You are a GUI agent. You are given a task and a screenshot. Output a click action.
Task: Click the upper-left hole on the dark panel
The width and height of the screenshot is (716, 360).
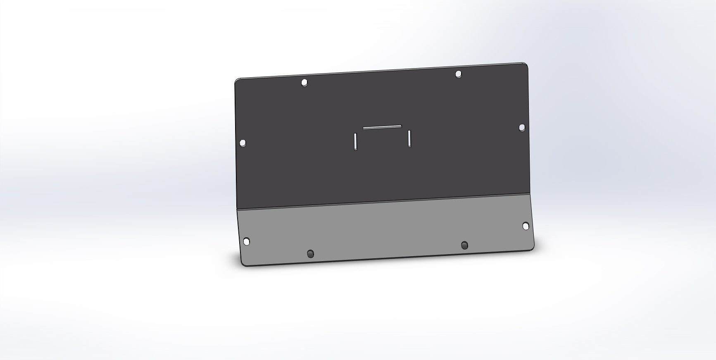[x=304, y=83]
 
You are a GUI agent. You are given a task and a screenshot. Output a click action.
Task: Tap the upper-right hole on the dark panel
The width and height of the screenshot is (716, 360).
[x=458, y=74]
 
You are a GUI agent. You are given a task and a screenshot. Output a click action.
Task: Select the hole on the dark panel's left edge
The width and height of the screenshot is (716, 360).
[x=243, y=143]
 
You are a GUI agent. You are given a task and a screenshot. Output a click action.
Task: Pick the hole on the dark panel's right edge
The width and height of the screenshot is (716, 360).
[x=522, y=127]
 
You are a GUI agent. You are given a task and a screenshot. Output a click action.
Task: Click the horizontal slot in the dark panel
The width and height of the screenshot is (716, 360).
[x=382, y=127]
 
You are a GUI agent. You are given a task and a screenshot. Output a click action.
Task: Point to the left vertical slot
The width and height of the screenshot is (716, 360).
[x=355, y=141]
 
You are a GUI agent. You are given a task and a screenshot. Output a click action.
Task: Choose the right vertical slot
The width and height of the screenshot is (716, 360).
[x=409, y=138]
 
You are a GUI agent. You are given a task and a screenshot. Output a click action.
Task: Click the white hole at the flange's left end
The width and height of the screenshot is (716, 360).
[x=246, y=241]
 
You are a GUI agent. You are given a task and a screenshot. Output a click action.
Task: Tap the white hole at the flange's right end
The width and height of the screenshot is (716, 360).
[x=526, y=226]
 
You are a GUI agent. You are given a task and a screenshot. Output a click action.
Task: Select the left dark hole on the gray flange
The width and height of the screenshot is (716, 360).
[x=311, y=253]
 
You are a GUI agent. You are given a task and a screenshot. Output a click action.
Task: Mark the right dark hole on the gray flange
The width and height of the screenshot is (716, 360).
[x=465, y=245]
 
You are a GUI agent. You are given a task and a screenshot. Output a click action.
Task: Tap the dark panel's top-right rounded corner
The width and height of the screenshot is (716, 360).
[x=526, y=65]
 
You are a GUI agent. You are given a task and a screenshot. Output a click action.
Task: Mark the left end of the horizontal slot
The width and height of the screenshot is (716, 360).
[x=364, y=128]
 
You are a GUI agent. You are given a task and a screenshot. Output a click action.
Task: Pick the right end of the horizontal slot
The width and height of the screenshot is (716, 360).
[x=400, y=126]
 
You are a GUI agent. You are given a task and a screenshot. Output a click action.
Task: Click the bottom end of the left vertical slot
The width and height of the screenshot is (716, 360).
[x=355, y=149]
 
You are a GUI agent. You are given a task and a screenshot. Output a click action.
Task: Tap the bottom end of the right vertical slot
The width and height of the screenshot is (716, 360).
[x=409, y=146]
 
